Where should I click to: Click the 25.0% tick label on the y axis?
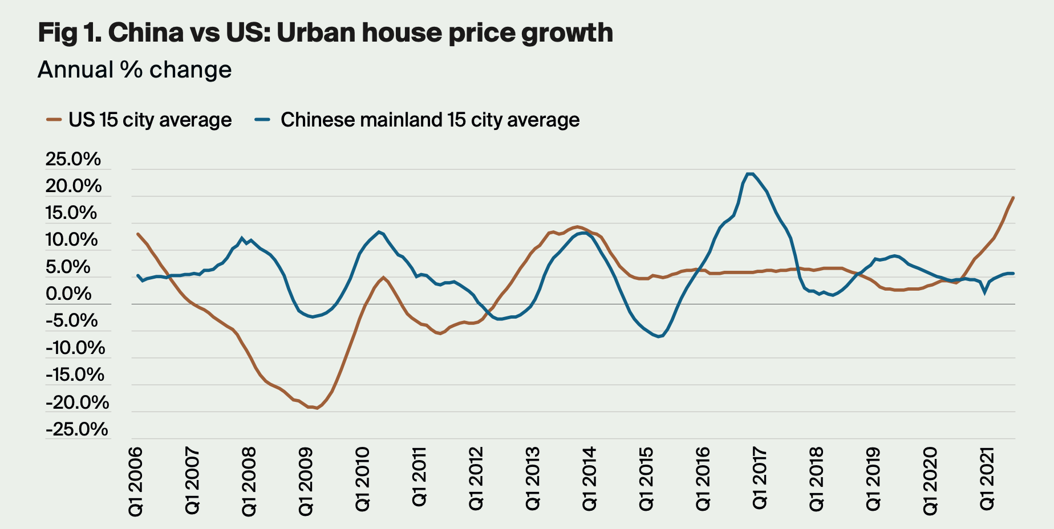pos(73,159)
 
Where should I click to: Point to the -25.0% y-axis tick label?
pos(76,429)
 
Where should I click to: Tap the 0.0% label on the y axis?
pos(68,294)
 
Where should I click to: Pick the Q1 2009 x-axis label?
pos(306,482)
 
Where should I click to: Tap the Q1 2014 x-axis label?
pos(590,479)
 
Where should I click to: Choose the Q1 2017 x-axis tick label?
pos(760,479)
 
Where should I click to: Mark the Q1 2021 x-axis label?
pos(987,479)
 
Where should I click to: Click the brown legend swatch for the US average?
pos(54,120)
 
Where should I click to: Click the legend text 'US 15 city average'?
pos(150,120)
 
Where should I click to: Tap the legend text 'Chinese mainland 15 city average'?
pos(430,120)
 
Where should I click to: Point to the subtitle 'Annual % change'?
pos(135,70)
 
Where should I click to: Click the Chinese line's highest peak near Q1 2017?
pos(751,174)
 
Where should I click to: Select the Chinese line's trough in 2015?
pos(659,337)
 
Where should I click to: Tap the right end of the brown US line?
pos(1013,198)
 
